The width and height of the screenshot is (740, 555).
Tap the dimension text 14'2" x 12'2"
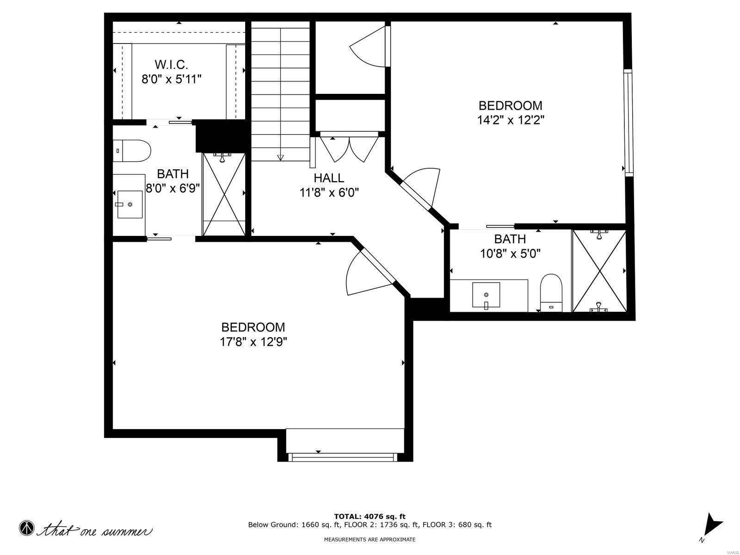[510, 120]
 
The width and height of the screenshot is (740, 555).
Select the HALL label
[329, 178]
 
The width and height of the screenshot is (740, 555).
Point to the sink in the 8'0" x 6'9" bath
[129, 203]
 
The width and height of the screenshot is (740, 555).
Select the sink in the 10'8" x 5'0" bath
[486, 295]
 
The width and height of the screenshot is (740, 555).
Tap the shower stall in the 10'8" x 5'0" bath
[599, 271]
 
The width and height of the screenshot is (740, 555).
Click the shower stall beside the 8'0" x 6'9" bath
[224, 194]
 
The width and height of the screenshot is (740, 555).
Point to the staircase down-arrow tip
[280, 158]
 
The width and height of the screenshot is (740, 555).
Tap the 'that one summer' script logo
[88, 529]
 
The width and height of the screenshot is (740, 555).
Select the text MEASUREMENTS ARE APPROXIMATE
[370, 539]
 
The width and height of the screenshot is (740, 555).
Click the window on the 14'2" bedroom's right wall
[628, 123]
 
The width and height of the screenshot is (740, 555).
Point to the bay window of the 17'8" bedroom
[342, 456]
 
